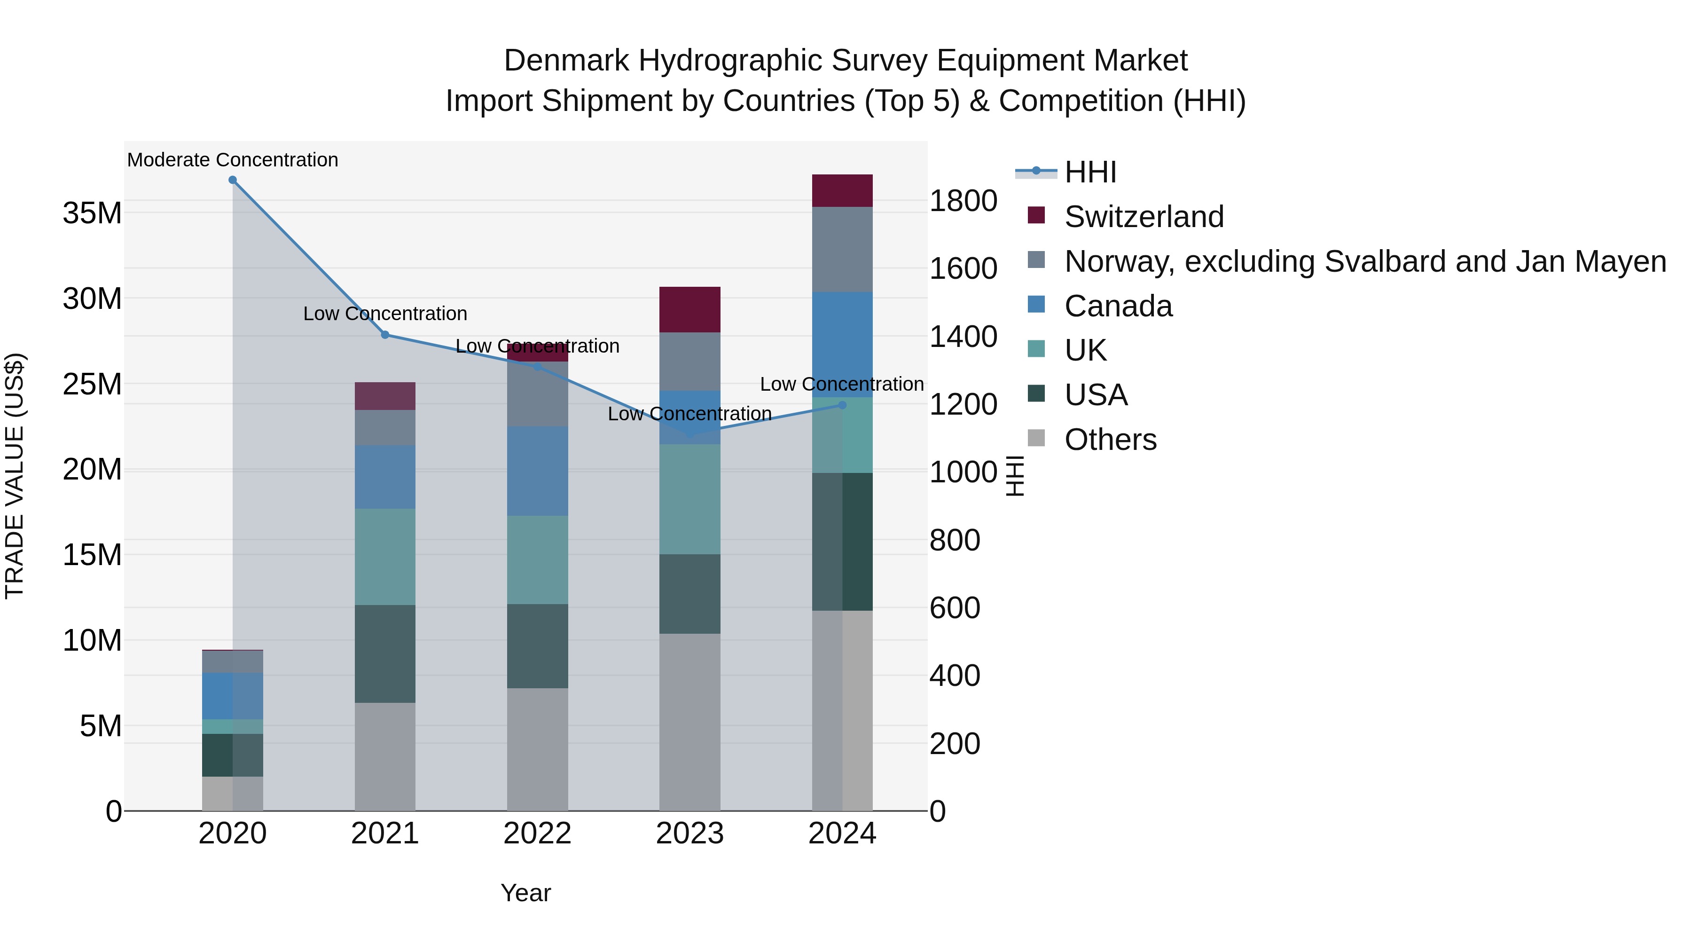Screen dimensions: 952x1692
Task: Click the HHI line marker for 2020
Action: [x=233, y=180]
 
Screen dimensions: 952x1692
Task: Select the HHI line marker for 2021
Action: [x=385, y=335]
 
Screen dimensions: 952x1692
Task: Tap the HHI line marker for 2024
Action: [x=843, y=405]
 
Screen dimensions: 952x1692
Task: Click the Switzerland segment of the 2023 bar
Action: [x=689, y=309]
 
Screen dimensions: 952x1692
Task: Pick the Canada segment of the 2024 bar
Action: [x=842, y=344]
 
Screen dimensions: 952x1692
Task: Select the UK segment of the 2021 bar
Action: [x=385, y=557]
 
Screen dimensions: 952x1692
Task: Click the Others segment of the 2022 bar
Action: [x=537, y=749]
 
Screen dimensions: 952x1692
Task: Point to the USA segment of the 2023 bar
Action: [x=689, y=594]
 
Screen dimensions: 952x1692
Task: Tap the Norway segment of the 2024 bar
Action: [x=842, y=250]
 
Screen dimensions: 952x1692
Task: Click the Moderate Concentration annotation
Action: [x=233, y=160]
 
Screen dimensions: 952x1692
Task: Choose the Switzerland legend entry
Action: [x=1144, y=217]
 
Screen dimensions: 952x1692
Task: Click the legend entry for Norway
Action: [x=1365, y=261]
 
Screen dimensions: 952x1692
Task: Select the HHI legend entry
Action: [x=1090, y=172]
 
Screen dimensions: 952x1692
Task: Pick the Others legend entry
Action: [x=1110, y=440]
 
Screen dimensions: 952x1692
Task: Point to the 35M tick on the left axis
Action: [x=92, y=213]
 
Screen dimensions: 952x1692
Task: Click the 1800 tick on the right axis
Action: [x=963, y=201]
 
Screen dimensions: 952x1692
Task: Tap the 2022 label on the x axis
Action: [x=537, y=834]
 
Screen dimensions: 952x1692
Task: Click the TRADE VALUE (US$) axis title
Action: [x=15, y=476]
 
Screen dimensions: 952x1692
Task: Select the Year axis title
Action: [x=525, y=893]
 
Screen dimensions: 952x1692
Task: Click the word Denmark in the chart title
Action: [x=566, y=61]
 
